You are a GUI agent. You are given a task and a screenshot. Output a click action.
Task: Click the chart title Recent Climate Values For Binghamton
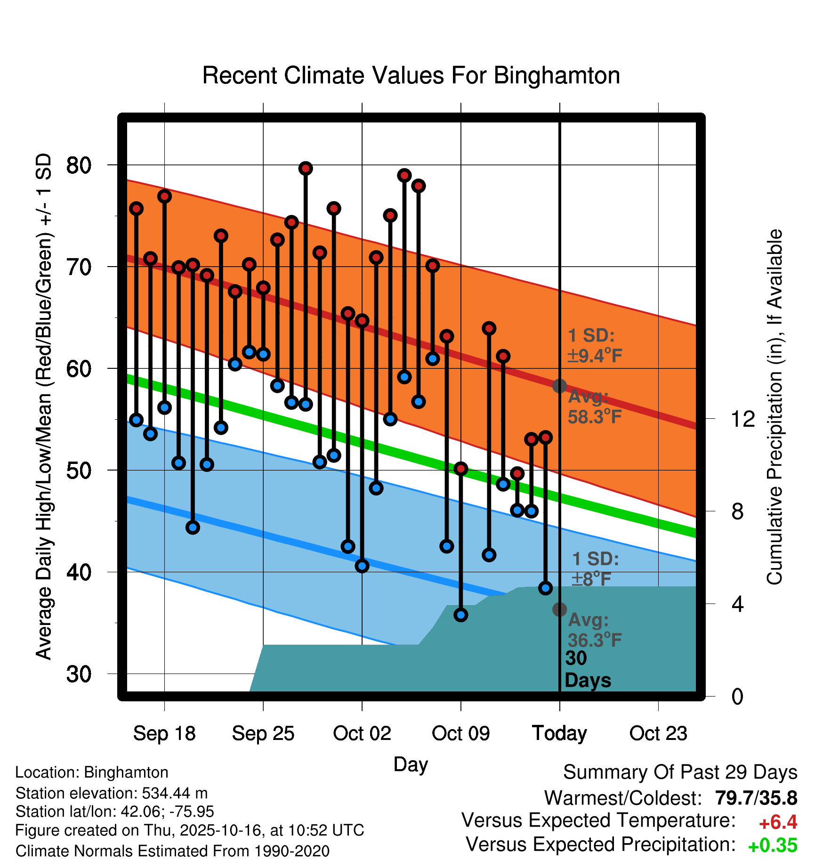[411, 75]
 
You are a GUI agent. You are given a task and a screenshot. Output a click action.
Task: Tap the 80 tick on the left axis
[79, 165]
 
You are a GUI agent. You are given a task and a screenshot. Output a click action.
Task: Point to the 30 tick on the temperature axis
[79, 674]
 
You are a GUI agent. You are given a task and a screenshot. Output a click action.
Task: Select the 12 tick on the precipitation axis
[743, 419]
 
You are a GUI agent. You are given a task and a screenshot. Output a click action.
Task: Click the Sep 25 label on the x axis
[263, 733]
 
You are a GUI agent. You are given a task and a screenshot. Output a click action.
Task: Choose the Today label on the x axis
[559, 733]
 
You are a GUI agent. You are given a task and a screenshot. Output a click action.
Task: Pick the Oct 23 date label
[658, 733]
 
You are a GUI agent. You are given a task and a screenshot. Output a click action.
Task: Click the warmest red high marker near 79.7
[306, 169]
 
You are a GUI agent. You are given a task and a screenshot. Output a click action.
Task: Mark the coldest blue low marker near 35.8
[461, 615]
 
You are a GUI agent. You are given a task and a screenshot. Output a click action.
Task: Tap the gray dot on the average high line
[559, 386]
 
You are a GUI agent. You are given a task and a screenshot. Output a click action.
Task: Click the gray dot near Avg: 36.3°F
[559, 609]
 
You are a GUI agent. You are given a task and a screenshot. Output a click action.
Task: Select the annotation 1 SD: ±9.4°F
[595, 346]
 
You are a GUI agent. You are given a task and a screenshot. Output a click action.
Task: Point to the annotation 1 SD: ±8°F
[595, 569]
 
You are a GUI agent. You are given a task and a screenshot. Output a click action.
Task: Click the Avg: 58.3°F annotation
[595, 407]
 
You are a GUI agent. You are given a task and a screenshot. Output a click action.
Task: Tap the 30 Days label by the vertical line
[588, 669]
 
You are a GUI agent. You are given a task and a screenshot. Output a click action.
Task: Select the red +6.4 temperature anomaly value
[778, 822]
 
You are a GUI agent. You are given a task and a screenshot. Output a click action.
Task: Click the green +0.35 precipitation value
[772, 845]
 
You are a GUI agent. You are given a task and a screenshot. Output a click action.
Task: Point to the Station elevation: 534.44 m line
[112, 793]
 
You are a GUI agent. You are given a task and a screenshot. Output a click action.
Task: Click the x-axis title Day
[411, 764]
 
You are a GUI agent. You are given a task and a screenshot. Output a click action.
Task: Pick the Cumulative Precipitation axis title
[774, 407]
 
